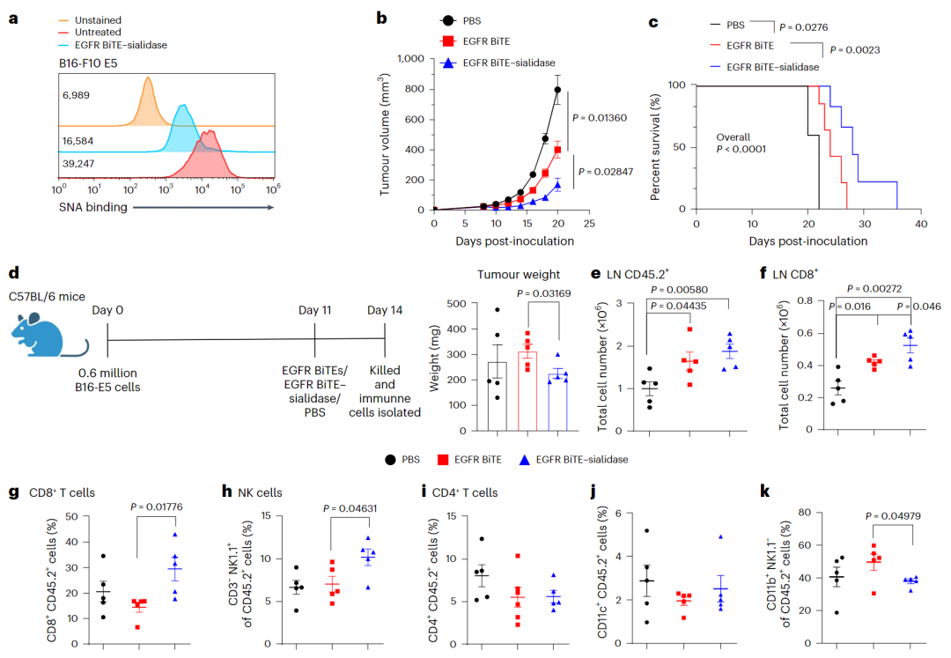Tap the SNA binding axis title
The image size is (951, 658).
coord(92,207)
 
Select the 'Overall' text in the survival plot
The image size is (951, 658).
coord(734,137)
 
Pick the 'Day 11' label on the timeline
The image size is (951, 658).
coord(315,309)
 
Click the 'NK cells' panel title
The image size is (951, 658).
coord(257,492)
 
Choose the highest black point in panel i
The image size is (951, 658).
coord(482,539)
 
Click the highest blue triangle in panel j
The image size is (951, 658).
coord(720,536)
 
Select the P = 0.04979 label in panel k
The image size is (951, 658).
coord(896,517)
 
